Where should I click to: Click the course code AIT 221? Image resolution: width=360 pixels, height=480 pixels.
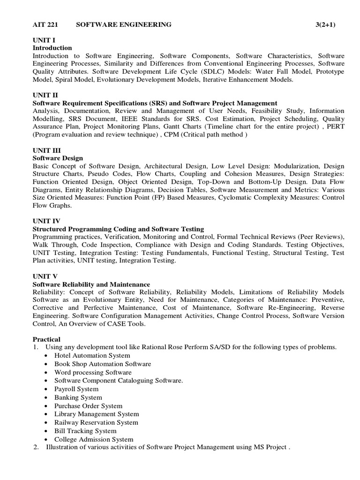point(45,24)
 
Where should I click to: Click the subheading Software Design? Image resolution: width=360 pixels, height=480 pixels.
point(58,158)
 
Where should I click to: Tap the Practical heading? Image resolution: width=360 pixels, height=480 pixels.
point(46,339)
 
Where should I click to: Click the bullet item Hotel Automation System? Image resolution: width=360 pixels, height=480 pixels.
point(92,355)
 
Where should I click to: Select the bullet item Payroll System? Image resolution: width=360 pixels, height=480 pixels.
point(76,389)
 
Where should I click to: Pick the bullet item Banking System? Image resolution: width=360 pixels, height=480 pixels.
point(78,397)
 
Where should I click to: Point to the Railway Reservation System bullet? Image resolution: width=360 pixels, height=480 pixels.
point(96,422)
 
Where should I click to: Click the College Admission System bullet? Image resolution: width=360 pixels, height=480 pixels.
point(94,439)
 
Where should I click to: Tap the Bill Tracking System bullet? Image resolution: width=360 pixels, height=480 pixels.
point(85,431)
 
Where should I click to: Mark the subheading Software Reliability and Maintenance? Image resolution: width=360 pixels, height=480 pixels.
point(91,284)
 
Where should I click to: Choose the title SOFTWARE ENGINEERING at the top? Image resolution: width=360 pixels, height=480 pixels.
point(124,24)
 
